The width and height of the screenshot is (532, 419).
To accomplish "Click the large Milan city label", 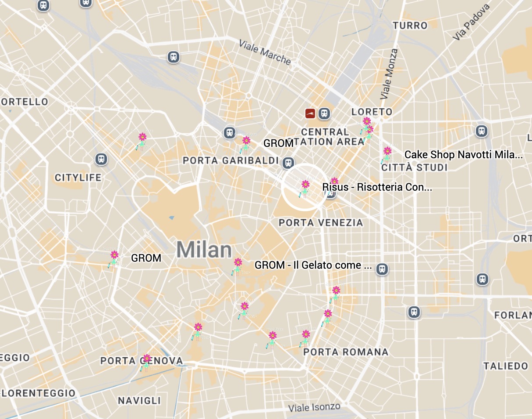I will [204, 250].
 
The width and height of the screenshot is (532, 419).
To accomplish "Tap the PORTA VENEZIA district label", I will [321, 223].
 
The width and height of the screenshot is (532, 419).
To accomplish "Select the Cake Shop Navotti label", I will [463, 155].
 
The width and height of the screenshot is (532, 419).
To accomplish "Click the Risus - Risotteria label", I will [377, 187].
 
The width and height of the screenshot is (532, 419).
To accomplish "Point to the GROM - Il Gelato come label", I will [313, 265].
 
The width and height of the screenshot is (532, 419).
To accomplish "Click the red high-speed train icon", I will [310, 114].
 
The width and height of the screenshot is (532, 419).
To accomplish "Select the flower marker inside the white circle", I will [305, 188].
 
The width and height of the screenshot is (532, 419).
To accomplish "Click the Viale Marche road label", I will [265, 52].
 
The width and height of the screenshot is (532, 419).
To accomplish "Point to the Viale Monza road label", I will [389, 73].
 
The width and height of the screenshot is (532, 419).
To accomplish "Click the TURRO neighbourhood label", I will [410, 25].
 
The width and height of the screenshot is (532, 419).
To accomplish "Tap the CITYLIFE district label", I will [78, 178].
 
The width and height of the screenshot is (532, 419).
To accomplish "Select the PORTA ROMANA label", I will [346, 352].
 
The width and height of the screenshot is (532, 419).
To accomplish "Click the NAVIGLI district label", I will [139, 401].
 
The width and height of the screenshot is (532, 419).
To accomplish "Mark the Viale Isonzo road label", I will [314, 408].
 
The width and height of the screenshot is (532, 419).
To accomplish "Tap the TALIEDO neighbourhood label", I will [505, 366].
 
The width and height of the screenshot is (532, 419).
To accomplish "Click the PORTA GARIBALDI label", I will [231, 160].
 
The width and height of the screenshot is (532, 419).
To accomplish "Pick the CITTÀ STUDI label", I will [414, 167].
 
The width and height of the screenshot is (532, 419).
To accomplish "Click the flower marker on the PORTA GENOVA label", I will [146, 362].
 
